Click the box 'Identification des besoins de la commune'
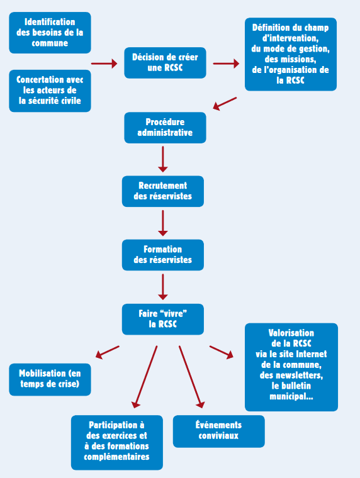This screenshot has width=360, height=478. pyautogui.click(x=50, y=33)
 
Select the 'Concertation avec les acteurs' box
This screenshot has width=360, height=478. pyautogui.click(x=50, y=91)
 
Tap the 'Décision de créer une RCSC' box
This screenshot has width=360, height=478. pyautogui.click(x=165, y=63)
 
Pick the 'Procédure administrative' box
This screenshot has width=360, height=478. pyautogui.click(x=165, y=128)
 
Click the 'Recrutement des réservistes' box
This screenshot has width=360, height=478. pyautogui.click(x=163, y=191)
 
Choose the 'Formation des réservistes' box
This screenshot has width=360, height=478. pyautogui.click(x=163, y=255)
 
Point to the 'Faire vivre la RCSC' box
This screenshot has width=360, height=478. pyautogui.click(x=163, y=319)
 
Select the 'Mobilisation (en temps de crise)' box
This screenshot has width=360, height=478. pyautogui.click(x=50, y=379)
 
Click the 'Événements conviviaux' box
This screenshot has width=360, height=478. pyautogui.click(x=219, y=431)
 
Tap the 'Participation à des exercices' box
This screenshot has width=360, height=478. pyautogui.click(x=117, y=442)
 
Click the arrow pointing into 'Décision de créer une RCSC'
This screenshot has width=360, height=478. pyautogui.click(x=104, y=64)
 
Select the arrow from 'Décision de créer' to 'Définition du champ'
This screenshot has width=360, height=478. pyautogui.click(x=226, y=64)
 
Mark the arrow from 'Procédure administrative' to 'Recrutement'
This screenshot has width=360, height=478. pyautogui.click(x=163, y=159)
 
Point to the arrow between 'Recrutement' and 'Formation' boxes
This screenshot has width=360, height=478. pyautogui.click(x=163, y=223)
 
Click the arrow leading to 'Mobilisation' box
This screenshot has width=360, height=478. pyautogui.click(x=108, y=352)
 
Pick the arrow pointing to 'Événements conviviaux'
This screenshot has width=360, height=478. pyautogui.click(x=191, y=377)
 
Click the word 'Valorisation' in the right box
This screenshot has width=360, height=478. pyautogui.click(x=291, y=333)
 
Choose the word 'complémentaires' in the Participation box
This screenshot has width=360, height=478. pyautogui.click(x=117, y=457)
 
